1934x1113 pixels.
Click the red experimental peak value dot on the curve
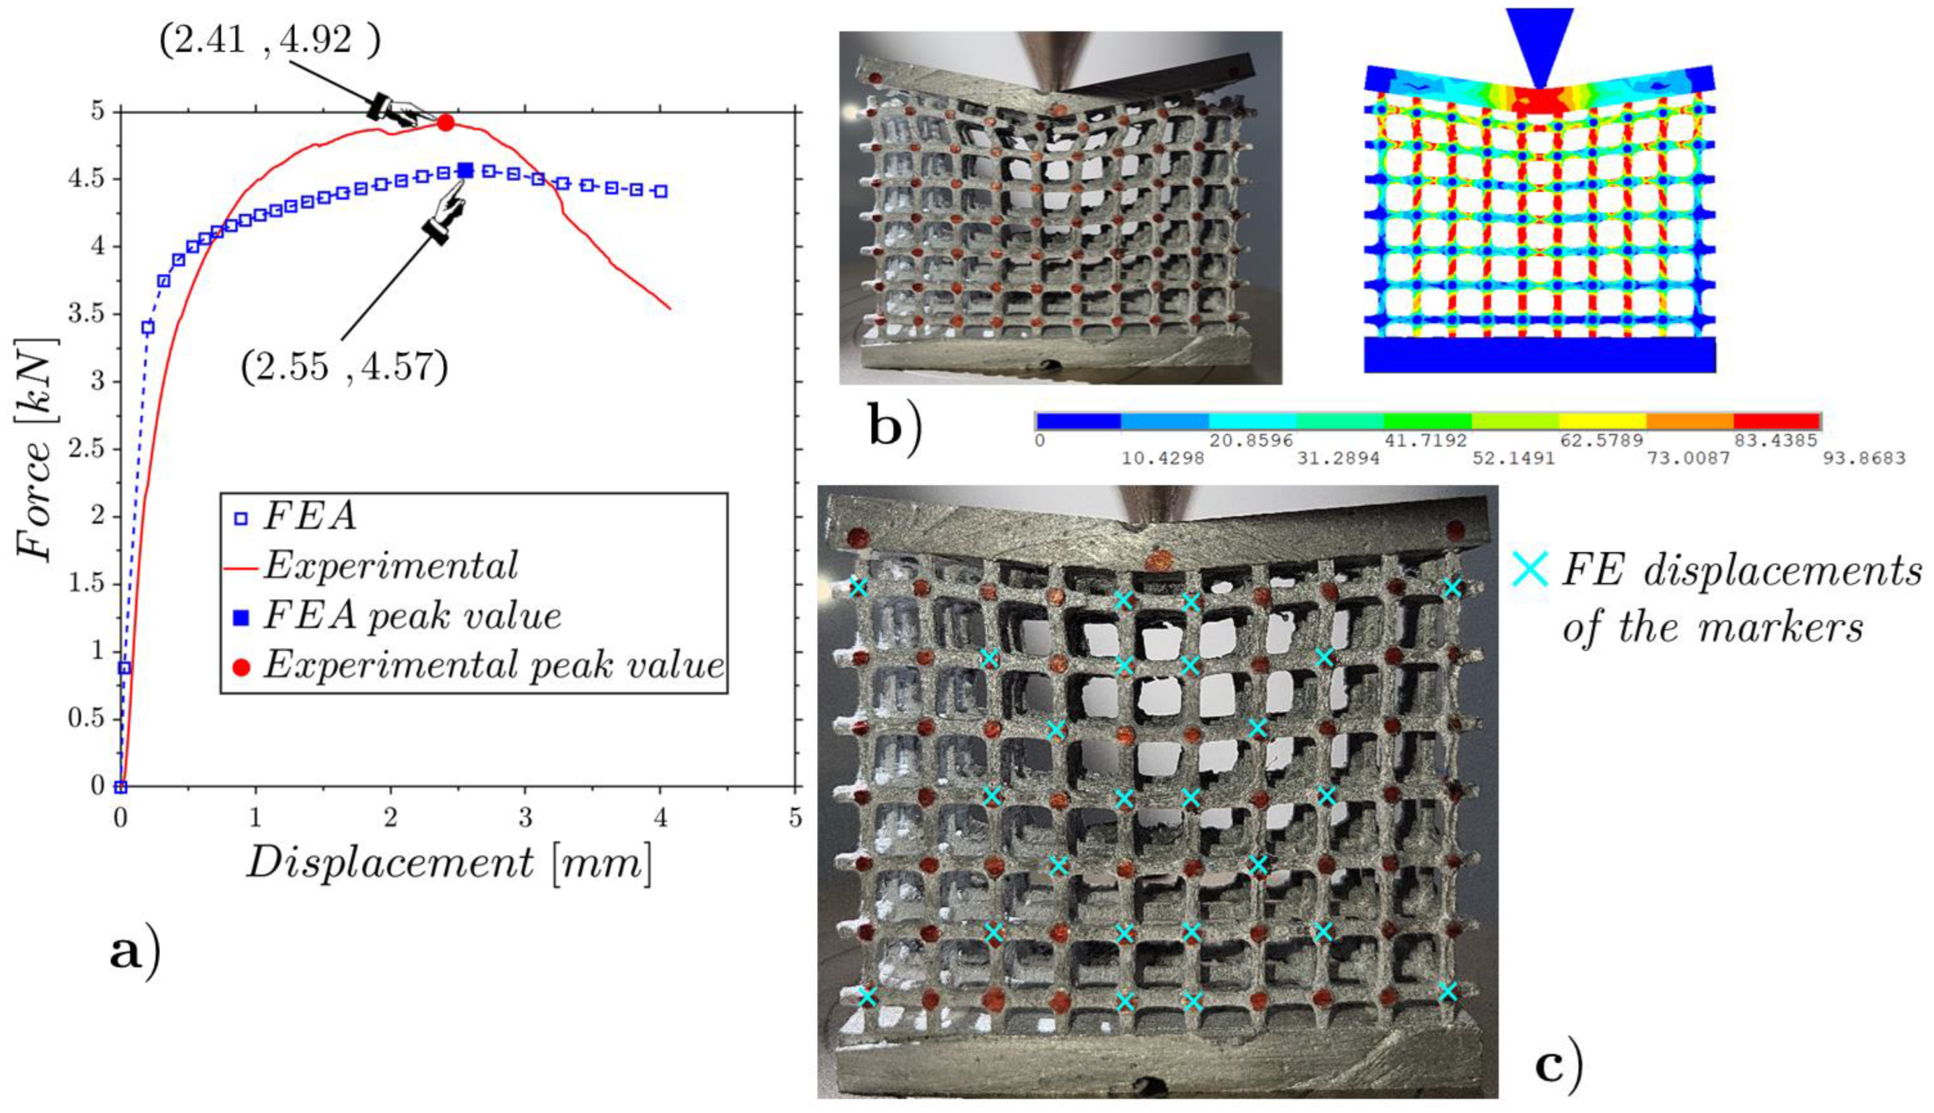point(446,122)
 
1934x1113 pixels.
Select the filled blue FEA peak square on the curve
point(466,170)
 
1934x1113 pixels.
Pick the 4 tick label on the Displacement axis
point(661,819)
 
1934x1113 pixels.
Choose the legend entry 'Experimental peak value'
point(493,666)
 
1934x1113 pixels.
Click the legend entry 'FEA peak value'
point(412,616)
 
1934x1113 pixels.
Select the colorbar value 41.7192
point(1426,441)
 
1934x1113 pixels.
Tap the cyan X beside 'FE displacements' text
point(1531,570)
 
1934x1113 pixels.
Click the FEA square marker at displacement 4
point(661,191)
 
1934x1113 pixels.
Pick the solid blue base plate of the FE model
point(1540,354)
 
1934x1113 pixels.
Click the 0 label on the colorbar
point(1039,441)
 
